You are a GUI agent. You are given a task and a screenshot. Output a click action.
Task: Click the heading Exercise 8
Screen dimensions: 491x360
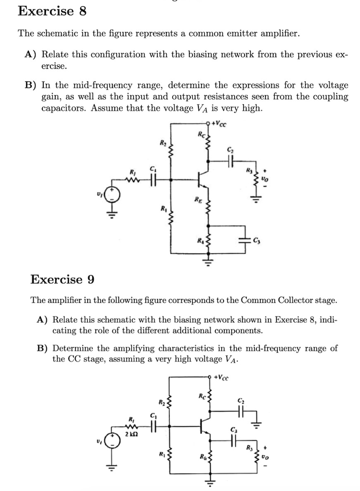[x=52, y=11]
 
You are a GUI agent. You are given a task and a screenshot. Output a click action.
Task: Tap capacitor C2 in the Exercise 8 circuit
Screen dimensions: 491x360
[x=230, y=160]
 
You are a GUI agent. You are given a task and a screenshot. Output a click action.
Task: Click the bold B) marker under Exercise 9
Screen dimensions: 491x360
[x=43, y=348]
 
